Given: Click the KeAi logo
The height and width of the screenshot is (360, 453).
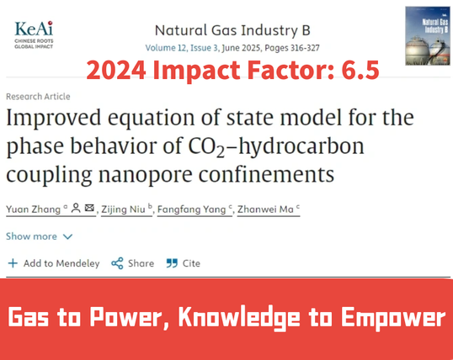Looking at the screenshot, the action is (x=34, y=34).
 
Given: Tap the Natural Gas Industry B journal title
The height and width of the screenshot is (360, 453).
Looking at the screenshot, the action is (x=232, y=30).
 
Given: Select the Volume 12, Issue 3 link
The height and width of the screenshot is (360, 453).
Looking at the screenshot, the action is (x=182, y=48).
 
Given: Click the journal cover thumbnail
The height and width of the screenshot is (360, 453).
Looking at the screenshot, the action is (x=428, y=36).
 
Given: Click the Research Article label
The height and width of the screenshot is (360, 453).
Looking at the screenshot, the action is (x=38, y=97).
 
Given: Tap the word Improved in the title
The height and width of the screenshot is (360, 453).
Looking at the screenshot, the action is (x=54, y=118).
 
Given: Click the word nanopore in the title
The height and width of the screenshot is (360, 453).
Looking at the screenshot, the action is (x=146, y=175).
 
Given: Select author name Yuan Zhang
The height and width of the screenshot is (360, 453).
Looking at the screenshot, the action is (x=33, y=209).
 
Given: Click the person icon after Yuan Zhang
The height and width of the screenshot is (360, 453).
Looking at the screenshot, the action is (x=76, y=208).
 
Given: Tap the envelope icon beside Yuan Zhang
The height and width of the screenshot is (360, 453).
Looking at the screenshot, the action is (x=89, y=208).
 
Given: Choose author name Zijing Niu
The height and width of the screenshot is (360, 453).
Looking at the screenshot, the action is (x=124, y=209).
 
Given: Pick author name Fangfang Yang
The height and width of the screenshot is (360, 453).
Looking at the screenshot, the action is (x=191, y=209).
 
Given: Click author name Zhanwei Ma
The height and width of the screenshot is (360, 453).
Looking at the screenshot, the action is (x=265, y=209).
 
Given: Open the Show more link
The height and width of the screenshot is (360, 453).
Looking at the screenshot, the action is (x=39, y=236).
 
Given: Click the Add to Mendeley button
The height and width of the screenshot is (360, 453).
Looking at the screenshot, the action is (x=54, y=263).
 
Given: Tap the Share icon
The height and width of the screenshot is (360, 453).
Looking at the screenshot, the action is (x=117, y=263).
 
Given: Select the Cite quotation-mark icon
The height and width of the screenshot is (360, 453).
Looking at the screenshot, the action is (x=172, y=263).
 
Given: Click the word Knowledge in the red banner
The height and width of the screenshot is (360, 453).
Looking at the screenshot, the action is (x=239, y=318).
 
